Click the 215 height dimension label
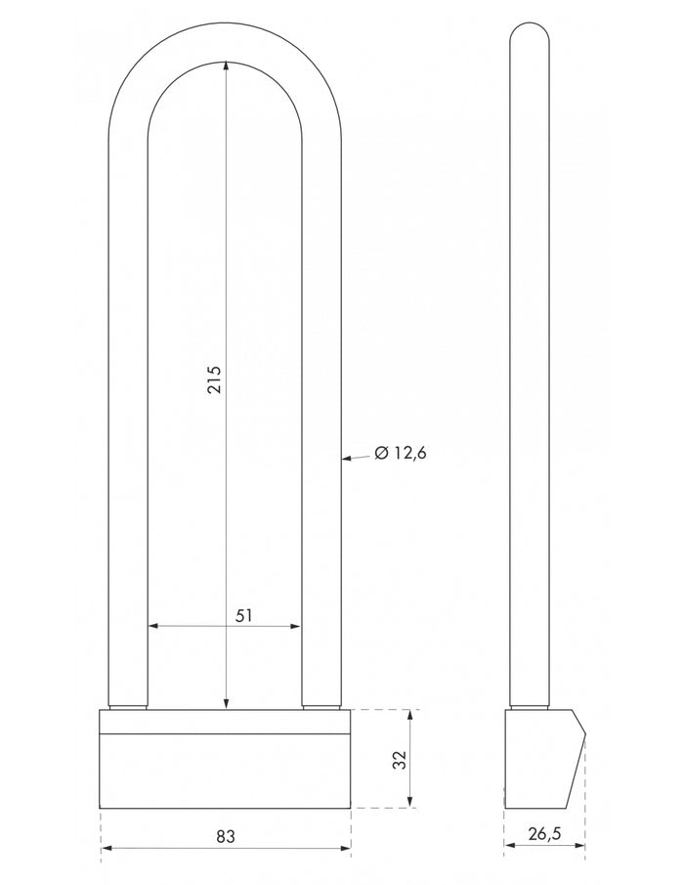point(215,380)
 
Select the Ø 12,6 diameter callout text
point(401,453)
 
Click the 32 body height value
point(399,759)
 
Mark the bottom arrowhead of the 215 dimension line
point(226,703)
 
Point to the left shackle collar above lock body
point(128,706)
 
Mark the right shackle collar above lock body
point(321,706)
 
